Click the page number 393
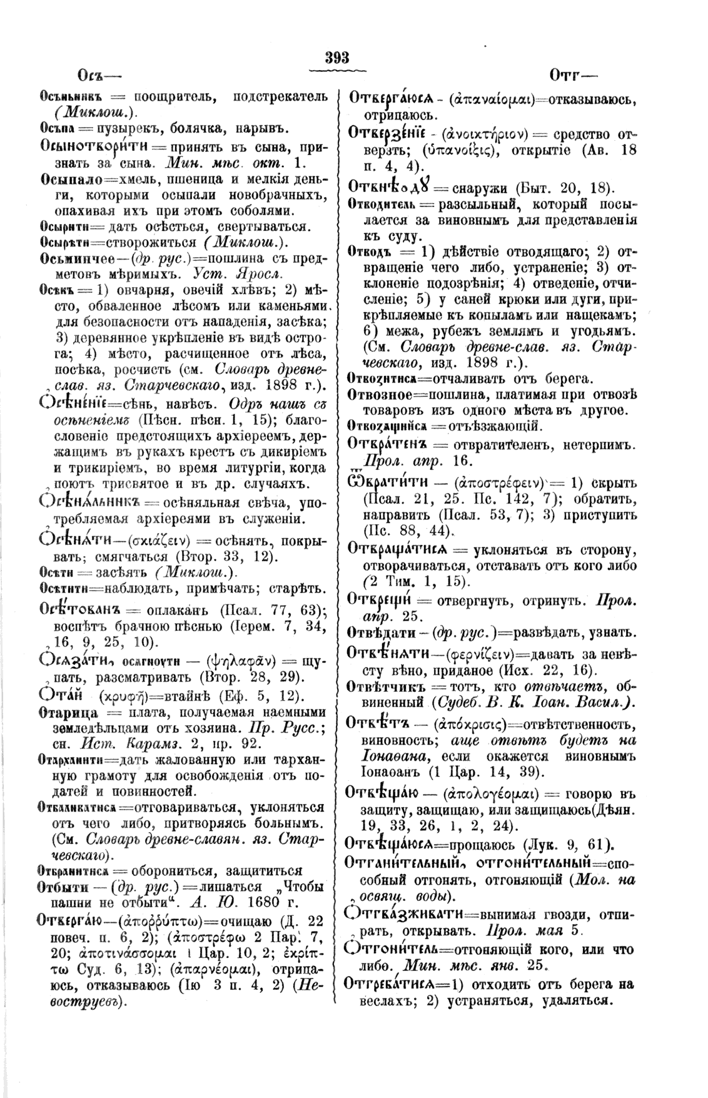click(x=336, y=58)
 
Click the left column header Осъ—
click(x=95, y=76)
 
